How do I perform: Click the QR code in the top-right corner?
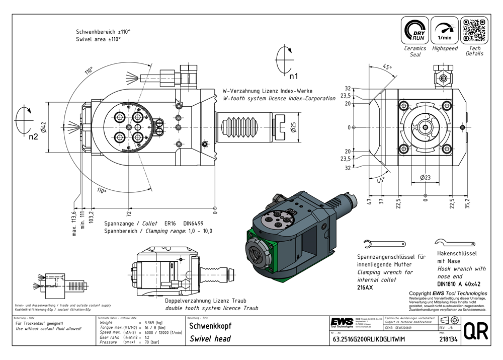[x=474, y=30]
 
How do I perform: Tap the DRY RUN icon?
[x=415, y=30]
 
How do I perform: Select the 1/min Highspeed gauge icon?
[x=445, y=30]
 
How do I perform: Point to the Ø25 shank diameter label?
[x=293, y=127]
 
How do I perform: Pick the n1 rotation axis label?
[x=294, y=77]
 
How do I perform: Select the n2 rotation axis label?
[x=33, y=136]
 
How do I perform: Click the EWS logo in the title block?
[x=342, y=322]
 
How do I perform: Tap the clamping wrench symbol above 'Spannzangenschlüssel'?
[x=388, y=244]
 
